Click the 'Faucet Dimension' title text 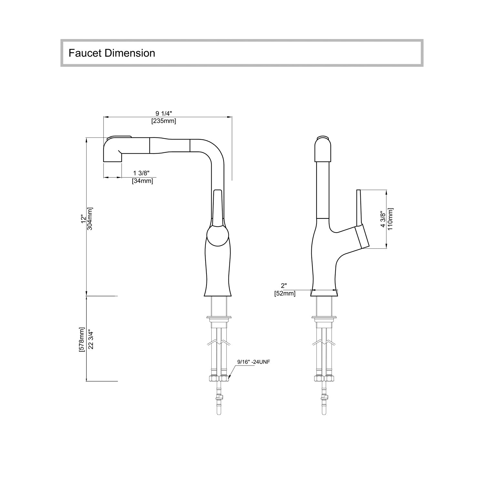click(x=112, y=53)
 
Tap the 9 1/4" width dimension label click(x=164, y=114)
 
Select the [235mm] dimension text click(x=164, y=121)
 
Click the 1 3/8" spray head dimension click(x=141, y=174)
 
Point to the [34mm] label click(x=142, y=181)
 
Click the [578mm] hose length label click(x=82, y=339)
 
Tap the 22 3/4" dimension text click(x=91, y=340)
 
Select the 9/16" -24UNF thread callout click(x=254, y=362)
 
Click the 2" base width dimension click(x=284, y=286)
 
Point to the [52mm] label click(x=285, y=294)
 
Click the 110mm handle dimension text click(x=390, y=219)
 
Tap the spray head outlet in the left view click(x=112, y=150)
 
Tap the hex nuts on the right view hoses click(x=324, y=378)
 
